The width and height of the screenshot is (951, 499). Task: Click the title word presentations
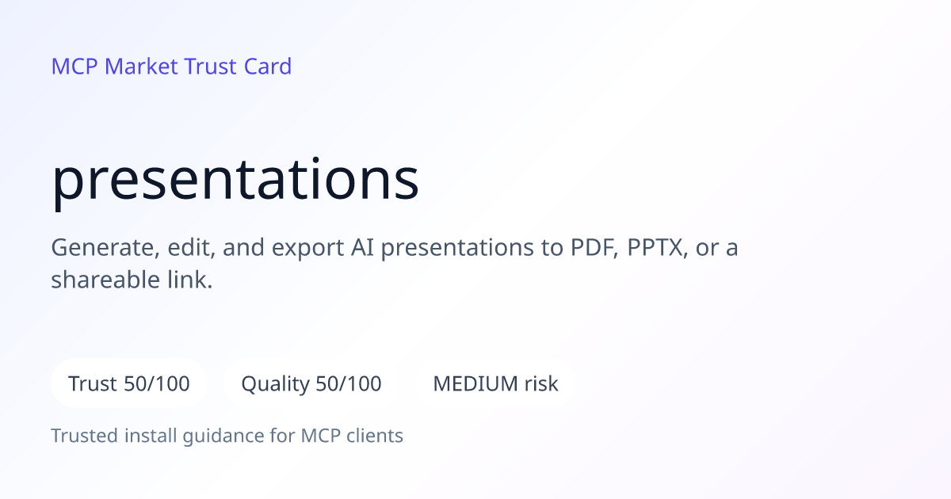(x=235, y=181)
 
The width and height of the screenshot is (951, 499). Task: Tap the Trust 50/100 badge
(x=129, y=383)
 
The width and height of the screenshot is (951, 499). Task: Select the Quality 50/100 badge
(x=311, y=383)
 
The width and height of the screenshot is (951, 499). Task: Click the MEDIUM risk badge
(x=495, y=383)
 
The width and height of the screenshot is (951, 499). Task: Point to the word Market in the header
(x=141, y=67)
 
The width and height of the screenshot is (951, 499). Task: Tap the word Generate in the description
(x=105, y=247)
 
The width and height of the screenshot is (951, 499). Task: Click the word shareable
(x=105, y=280)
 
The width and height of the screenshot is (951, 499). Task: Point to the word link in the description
(x=189, y=280)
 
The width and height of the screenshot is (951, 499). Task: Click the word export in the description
(x=307, y=248)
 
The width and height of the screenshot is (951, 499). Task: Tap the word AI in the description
(x=363, y=247)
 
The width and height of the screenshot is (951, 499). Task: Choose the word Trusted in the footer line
(x=85, y=436)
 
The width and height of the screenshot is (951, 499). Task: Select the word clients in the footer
(x=375, y=436)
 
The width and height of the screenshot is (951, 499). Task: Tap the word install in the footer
(x=151, y=436)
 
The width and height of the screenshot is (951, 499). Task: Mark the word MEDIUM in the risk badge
(x=475, y=383)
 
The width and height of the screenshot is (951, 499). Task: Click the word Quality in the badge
(x=276, y=384)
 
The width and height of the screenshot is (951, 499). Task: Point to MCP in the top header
(x=74, y=67)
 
